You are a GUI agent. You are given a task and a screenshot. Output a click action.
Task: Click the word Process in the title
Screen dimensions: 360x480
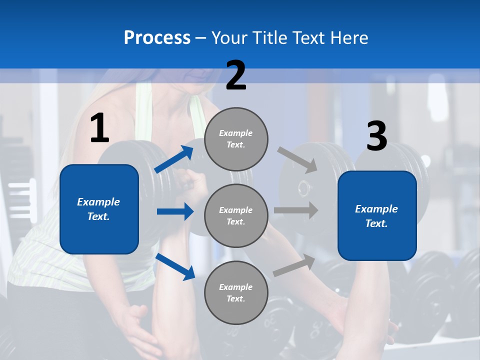(x=157, y=38)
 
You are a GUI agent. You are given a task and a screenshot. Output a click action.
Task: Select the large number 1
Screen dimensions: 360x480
(x=99, y=128)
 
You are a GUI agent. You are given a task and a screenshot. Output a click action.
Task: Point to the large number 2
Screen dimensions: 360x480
(x=236, y=75)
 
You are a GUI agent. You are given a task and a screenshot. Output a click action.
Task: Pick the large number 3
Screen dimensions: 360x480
(x=376, y=137)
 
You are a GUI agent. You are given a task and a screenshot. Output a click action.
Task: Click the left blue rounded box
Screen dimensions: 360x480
(x=99, y=209)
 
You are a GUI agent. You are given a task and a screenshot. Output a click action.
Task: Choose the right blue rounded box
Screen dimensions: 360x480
(x=377, y=216)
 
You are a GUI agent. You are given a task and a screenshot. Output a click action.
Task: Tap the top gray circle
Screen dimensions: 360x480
(x=236, y=139)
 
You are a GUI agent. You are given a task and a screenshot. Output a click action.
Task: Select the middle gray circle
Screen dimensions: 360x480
(x=236, y=215)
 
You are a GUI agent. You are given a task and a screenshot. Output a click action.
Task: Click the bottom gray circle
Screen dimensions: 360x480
(x=236, y=292)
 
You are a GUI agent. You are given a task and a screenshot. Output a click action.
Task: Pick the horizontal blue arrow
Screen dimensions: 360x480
(x=175, y=211)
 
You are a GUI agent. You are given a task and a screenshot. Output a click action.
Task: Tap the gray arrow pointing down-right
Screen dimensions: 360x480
(x=297, y=159)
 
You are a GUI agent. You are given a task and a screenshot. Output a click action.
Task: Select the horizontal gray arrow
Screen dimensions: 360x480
(x=296, y=210)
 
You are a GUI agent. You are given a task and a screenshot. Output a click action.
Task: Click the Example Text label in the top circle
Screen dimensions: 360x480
(x=236, y=139)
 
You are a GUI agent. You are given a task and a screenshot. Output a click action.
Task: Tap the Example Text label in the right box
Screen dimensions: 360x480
(x=376, y=216)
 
